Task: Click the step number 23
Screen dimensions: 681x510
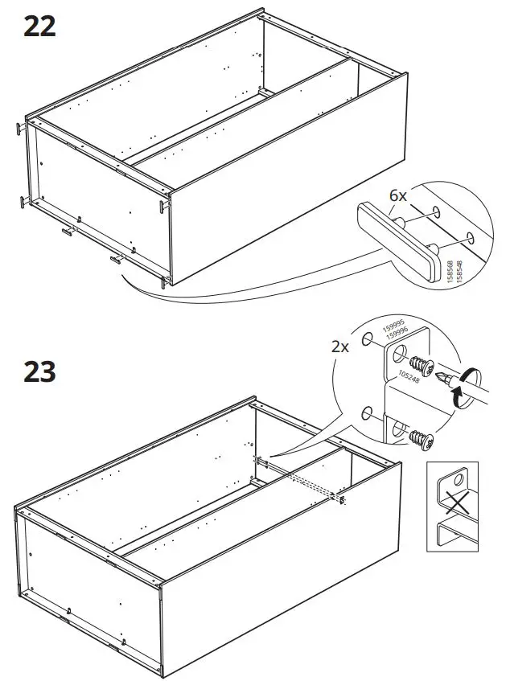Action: coord(39,372)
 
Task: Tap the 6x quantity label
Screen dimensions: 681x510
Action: coord(400,195)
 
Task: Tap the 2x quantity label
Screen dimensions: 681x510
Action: coord(340,347)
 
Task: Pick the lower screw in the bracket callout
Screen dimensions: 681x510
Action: coord(418,438)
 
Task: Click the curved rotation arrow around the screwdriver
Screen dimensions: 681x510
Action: coord(462,386)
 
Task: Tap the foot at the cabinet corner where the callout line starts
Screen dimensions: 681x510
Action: coord(165,279)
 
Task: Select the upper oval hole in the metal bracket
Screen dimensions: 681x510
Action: coord(397,355)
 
